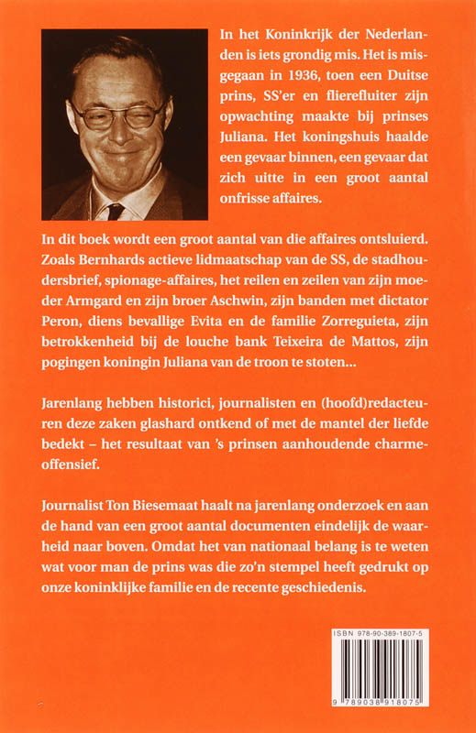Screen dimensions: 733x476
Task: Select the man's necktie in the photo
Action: tap(116, 210)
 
